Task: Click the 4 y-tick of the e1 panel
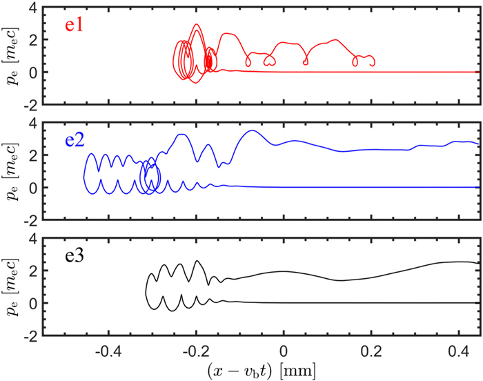[x=31, y=8]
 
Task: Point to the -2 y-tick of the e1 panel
[x=28, y=104]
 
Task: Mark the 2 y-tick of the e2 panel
[x=31, y=155]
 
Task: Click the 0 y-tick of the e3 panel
[x=31, y=303]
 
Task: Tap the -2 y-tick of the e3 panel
[x=28, y=335]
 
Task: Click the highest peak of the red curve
[x=197, y=24]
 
